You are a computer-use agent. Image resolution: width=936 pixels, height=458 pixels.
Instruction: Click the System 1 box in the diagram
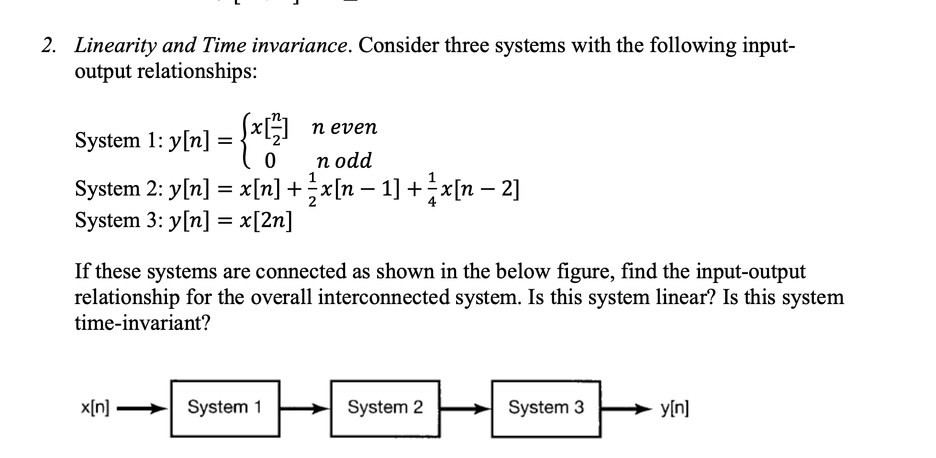(x=225, y=408)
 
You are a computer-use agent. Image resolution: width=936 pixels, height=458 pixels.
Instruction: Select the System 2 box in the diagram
(x=385, y=408)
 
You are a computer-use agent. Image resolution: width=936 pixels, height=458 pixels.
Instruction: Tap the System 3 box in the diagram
(x=546, y=408)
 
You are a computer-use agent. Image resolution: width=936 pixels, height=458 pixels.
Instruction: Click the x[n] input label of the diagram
(x=95, y=408)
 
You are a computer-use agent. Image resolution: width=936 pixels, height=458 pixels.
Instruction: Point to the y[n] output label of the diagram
(x=675, y=408)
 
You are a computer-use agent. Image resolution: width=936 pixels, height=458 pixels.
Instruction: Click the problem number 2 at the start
(x=47, y=46)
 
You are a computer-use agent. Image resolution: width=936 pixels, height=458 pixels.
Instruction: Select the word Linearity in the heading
(x=115, y=46)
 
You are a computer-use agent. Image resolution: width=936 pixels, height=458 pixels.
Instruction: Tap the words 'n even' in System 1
(x=344, y=127)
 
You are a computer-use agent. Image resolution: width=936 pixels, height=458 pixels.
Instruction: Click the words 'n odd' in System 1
(x=344, y=161)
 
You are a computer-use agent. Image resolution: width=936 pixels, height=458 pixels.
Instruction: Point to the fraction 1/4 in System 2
(x=432, y=190)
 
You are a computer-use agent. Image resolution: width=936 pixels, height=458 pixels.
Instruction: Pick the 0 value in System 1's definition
(x=270, y=161)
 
